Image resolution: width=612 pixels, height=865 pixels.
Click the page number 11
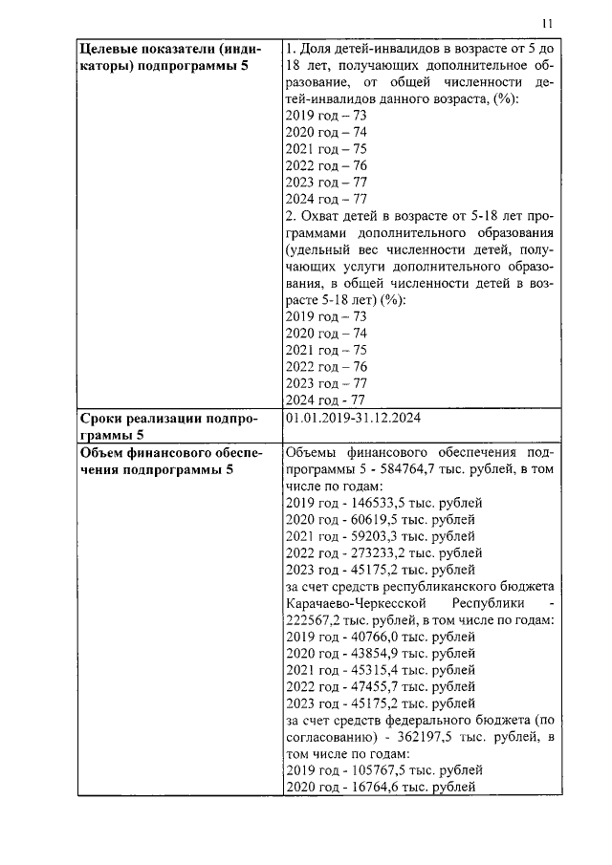coord(547,24)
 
